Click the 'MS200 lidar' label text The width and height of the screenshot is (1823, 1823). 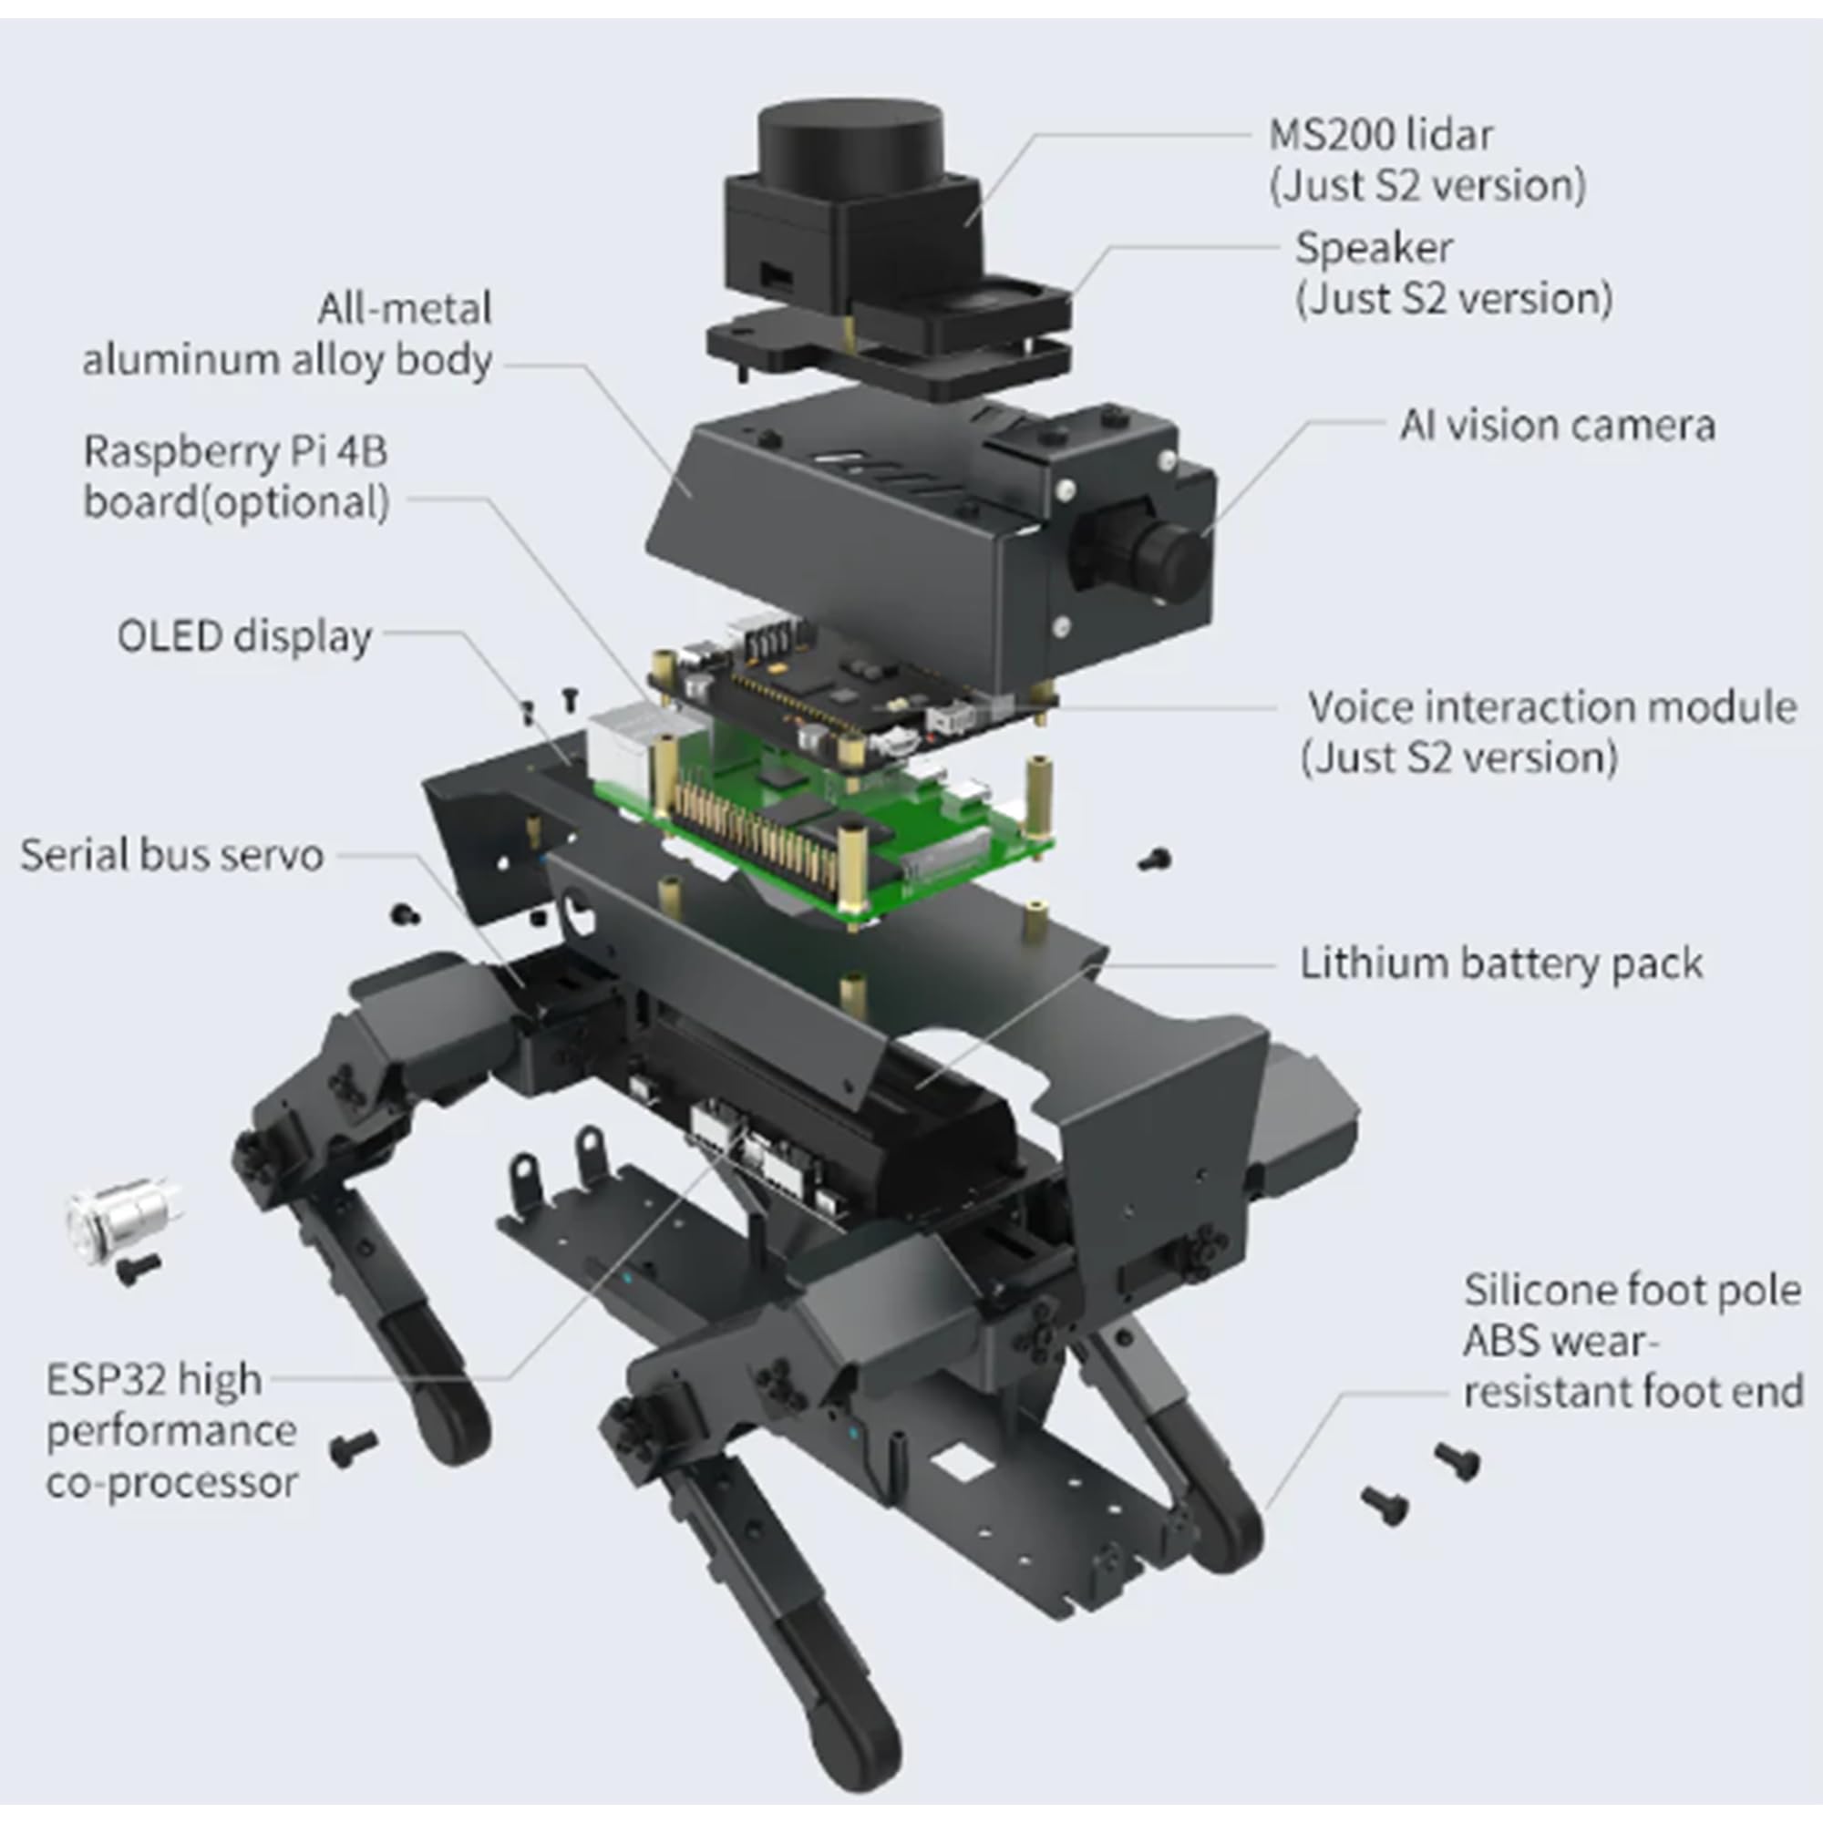click(x=1379, y=135)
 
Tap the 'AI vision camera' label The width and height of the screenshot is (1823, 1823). click(x=1557, y=426)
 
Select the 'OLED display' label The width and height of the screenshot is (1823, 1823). click(x=244, y=636)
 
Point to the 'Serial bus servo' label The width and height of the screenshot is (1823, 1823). click(x=171, y=855)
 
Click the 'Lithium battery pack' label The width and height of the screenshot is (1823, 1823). click(x=1500, y=963)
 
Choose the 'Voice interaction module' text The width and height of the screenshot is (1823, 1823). click(x=1551, y=706)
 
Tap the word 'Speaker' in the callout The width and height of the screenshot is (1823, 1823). click(x=1373, y=248)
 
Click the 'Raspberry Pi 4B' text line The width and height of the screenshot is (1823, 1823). click(x=236, y=451)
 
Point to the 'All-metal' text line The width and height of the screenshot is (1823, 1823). click(x=405, y=309)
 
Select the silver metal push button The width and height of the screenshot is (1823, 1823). click(x=124, y=1218)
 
